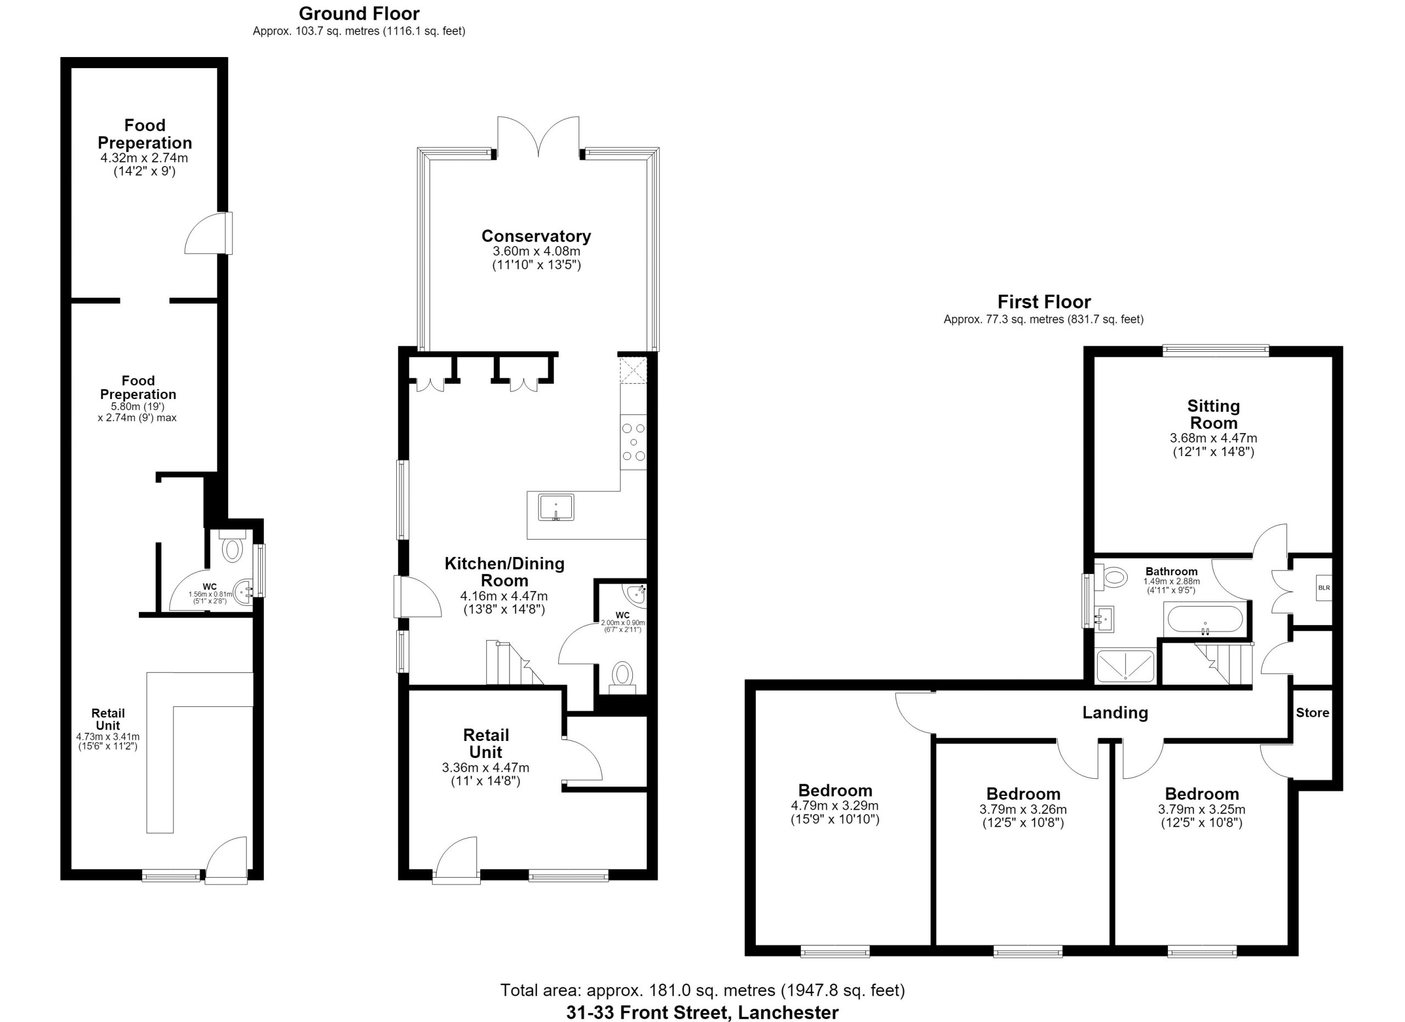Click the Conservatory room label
pos(536,236)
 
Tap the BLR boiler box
pos(1323,588)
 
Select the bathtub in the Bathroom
pos(1204,619)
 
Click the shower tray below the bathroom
pos(1126,666)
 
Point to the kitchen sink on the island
pos(555,507)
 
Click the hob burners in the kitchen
pos(633,442)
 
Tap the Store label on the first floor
pos(1312,713)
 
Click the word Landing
pos(1115,713)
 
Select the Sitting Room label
pos(1213,414)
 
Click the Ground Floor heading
pos(359,14)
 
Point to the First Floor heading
pos(1044,302)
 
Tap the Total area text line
pos(702,990)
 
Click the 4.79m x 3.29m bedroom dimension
pos(834,806)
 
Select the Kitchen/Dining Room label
pos(504,572)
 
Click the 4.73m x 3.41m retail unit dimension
pos(108,737)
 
